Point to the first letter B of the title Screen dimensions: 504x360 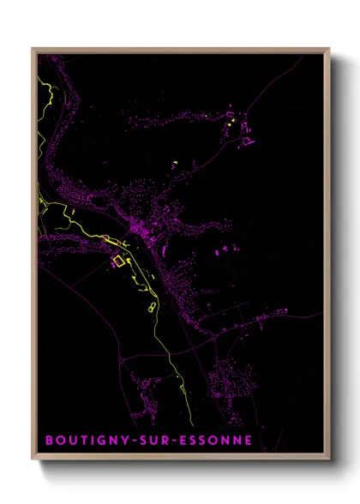(49, 441)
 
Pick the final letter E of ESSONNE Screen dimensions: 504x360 (248, 441)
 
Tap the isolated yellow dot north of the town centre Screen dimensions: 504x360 (174, 162)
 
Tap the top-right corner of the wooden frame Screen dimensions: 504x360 (329, 49)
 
